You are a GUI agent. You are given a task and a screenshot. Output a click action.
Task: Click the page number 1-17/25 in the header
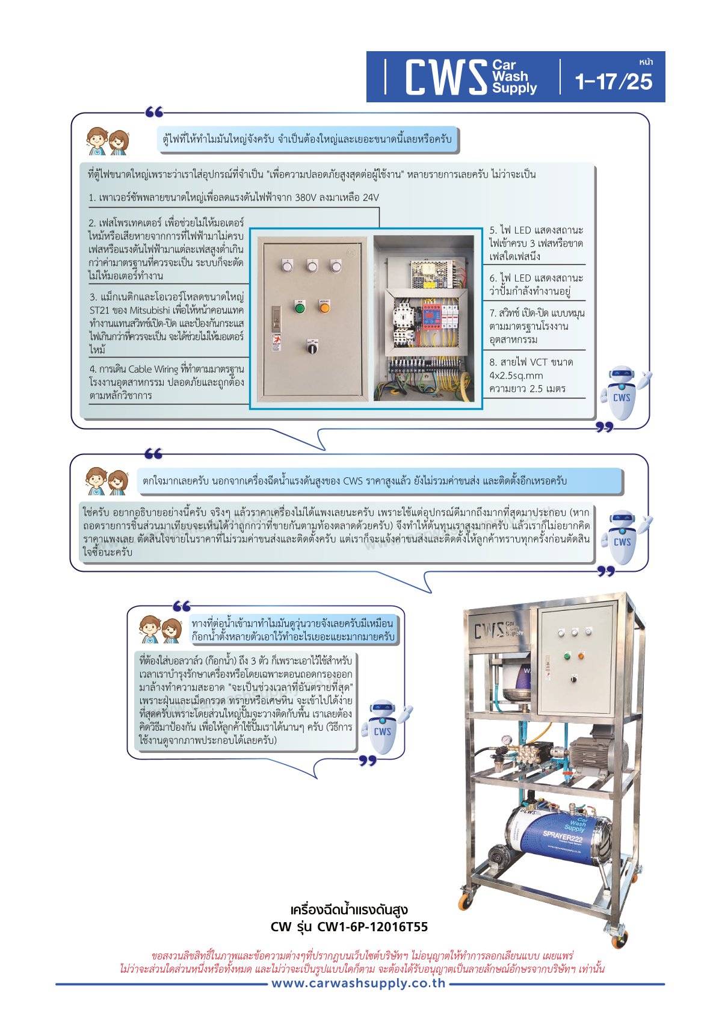613,82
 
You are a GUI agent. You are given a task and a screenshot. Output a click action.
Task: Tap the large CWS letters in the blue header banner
446,77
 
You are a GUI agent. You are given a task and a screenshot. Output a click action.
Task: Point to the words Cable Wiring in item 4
153,369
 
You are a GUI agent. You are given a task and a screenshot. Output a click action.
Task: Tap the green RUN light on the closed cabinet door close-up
299,308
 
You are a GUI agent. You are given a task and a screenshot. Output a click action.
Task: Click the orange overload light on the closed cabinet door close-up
324,308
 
